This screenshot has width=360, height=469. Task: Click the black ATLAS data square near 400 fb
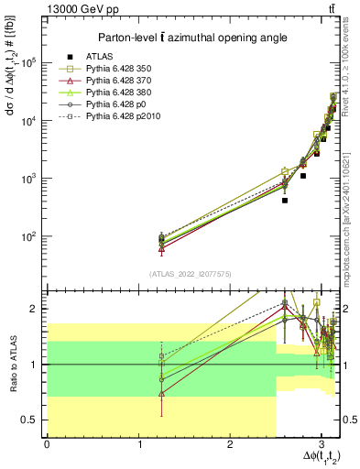[285, 200]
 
